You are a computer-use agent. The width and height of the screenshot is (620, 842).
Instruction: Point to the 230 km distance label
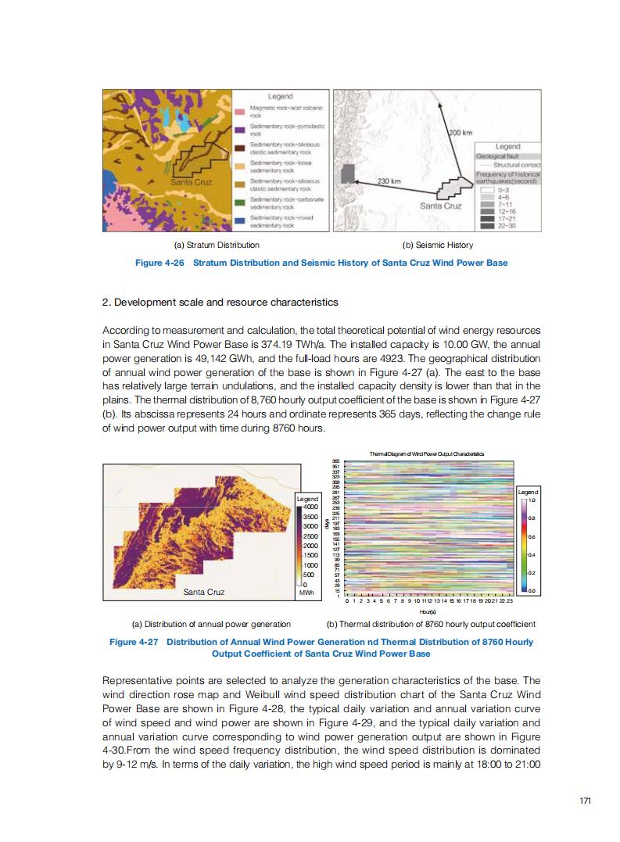(x=389, y=181)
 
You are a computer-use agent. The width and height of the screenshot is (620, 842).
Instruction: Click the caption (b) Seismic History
(x=437, y=245)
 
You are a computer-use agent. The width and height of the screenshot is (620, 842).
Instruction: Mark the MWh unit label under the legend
(x=306, y=593)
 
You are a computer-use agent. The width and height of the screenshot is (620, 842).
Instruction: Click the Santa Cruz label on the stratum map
(x=192, y=182)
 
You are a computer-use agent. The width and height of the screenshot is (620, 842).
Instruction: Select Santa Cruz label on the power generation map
(x=203, y=592)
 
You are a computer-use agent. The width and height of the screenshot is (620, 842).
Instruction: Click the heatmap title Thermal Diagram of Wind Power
(x=426, y=453)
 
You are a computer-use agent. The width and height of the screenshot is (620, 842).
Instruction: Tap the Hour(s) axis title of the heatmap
(x=428, y=612)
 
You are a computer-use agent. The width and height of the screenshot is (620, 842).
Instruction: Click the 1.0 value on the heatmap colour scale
(x=532, y=500)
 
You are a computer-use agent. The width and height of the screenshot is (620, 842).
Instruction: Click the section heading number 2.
(x=106, y=301)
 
